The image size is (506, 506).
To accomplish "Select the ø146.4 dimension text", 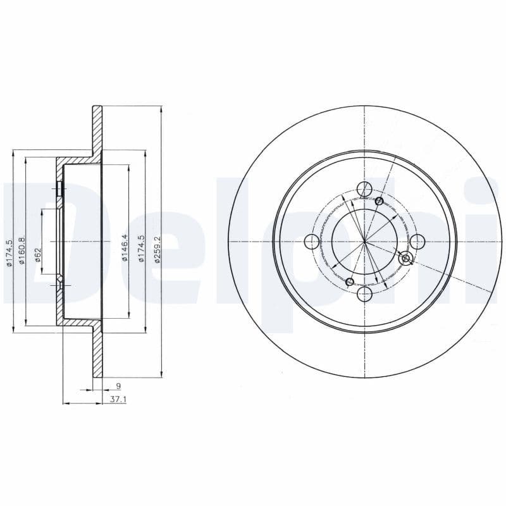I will [x=125, y=247].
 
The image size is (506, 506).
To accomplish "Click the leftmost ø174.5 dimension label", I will [x=9, y=253].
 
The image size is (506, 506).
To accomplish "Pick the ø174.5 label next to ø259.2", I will [x=142, y=249].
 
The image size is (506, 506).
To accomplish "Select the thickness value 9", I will [x=118, y=385].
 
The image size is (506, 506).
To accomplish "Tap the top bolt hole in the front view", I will [x=364, y=188].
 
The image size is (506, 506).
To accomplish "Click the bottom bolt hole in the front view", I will [x=364, y=295].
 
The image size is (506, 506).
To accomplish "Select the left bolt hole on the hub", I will [x=312, y=242].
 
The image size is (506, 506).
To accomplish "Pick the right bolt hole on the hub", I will [x=417, y=242].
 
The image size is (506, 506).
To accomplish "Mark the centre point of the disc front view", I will [x=365, y=242].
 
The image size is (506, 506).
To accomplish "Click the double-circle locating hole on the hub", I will [x=406, y=257].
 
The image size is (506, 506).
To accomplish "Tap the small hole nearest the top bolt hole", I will [x=379, y=201].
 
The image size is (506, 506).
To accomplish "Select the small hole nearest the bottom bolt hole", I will [x=350, y=281].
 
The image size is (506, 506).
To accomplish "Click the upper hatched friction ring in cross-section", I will [x=97, y=130].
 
